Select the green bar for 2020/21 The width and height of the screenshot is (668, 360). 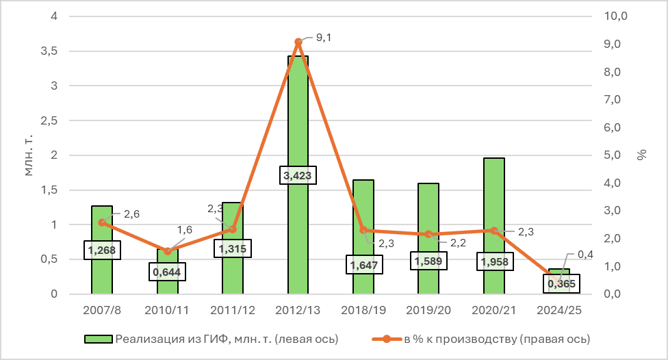pos(493,205)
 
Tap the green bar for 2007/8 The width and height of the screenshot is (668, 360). pos(102,226)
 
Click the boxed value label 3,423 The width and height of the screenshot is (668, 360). pos(298,176)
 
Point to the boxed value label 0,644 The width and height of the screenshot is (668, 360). pos(168,272)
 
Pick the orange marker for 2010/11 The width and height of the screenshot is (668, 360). pos(168,251)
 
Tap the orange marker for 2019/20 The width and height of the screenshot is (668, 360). pos(428,234)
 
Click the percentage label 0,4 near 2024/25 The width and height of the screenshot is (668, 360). pos(585,255)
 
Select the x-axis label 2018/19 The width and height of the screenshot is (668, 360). pos(363,310)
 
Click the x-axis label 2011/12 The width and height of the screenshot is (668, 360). pos(233,310)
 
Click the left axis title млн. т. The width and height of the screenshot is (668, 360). pos(29,155)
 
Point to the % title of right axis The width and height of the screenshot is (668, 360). pos(641,155)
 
